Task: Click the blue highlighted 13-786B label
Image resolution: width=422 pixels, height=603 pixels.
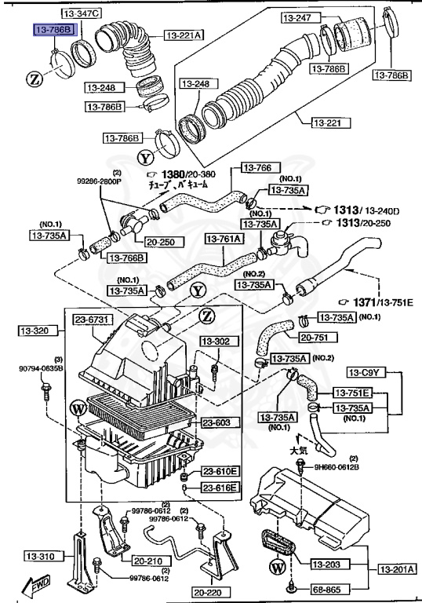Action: [x=53, y=30]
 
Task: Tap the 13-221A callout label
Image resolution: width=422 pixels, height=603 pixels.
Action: [x=184, y=35]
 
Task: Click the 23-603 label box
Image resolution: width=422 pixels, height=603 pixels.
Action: [x=217, y=422]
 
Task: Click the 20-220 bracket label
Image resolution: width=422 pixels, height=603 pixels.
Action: [x=208, y=592]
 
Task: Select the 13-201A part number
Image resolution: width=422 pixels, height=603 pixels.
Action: [x=397, y=569]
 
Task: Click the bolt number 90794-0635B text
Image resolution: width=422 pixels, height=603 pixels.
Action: [x=42, y=367]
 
